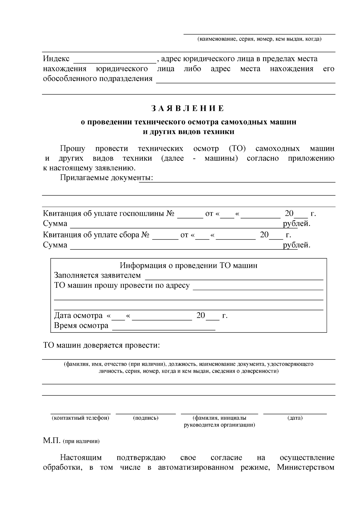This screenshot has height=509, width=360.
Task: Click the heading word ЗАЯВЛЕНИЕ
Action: point(187,108)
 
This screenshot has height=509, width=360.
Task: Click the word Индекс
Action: point(56,59)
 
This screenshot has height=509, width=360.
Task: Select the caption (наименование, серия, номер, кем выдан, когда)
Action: point(259,39)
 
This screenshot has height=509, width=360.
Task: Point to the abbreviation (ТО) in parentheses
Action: point(237,148)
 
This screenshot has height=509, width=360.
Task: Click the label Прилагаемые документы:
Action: point(106,178)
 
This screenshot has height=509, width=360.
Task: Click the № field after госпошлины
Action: point(190,216)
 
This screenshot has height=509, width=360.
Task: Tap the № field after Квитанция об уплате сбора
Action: point(165,238)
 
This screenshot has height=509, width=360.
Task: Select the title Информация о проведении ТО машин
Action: point(188,266)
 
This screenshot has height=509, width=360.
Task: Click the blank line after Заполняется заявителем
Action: point(234,278)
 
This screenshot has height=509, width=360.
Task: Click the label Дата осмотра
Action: point(78,316)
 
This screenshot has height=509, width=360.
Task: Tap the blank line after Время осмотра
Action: point(163,329)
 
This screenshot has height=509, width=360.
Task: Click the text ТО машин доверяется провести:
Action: point(102,345)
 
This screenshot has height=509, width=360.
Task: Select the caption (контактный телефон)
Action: point(80,418)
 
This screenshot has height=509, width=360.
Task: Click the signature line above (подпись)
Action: point(145,413)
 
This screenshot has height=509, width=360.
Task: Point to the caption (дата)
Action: point(295,418)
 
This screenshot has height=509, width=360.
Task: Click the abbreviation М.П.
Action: point(52,441)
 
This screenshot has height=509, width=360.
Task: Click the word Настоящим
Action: point(81,458)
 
